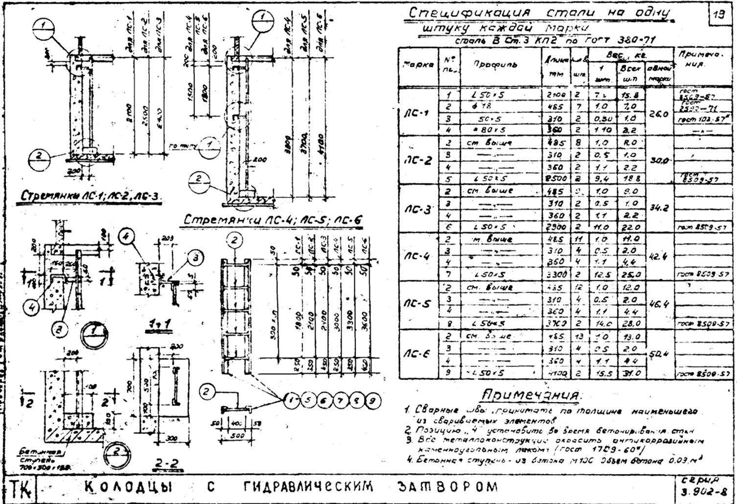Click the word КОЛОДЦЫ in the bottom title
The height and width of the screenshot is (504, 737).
click(x=129, y=487)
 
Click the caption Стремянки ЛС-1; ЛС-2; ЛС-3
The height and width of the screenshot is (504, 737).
click(x=91, y=196)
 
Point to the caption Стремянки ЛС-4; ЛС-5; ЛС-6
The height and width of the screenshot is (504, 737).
click(x=273, y=221)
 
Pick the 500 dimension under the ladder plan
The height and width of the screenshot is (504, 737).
click(x=237, y=435)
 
